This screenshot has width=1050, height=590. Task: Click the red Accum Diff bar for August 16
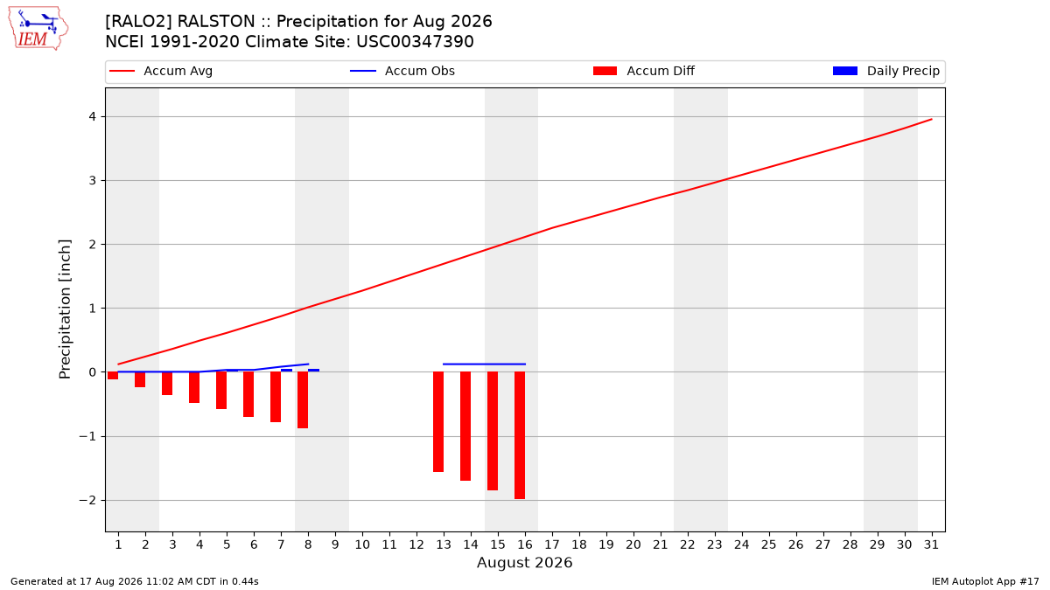(520, 435)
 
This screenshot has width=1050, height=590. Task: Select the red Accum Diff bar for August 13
(438, 422)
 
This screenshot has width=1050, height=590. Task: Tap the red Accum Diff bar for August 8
(303, 400)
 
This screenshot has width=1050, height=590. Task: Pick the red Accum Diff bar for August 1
(113, 376)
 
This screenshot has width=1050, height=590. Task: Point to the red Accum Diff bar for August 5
(221, 391)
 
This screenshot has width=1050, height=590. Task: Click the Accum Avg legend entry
(161, 71)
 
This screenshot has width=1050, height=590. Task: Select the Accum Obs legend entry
(402, 71)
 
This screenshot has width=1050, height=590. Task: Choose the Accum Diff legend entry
(644, 71)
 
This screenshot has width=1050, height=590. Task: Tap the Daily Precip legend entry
(885, 71)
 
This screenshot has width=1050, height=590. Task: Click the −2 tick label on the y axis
(87, 501)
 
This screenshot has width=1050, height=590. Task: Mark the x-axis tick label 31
(931, 545)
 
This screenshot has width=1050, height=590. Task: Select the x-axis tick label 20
(633, 545)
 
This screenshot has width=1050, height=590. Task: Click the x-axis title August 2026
(524, 562)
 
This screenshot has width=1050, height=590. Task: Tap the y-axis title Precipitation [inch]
(65, 309)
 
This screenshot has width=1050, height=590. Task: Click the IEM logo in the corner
(38, 29)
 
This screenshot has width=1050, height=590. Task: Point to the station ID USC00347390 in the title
(415, 42)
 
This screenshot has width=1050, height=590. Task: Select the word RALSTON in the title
(216, 22)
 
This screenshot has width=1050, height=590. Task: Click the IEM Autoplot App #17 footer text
(985, 581)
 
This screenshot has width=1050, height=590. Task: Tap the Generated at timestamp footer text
(135, 581)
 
